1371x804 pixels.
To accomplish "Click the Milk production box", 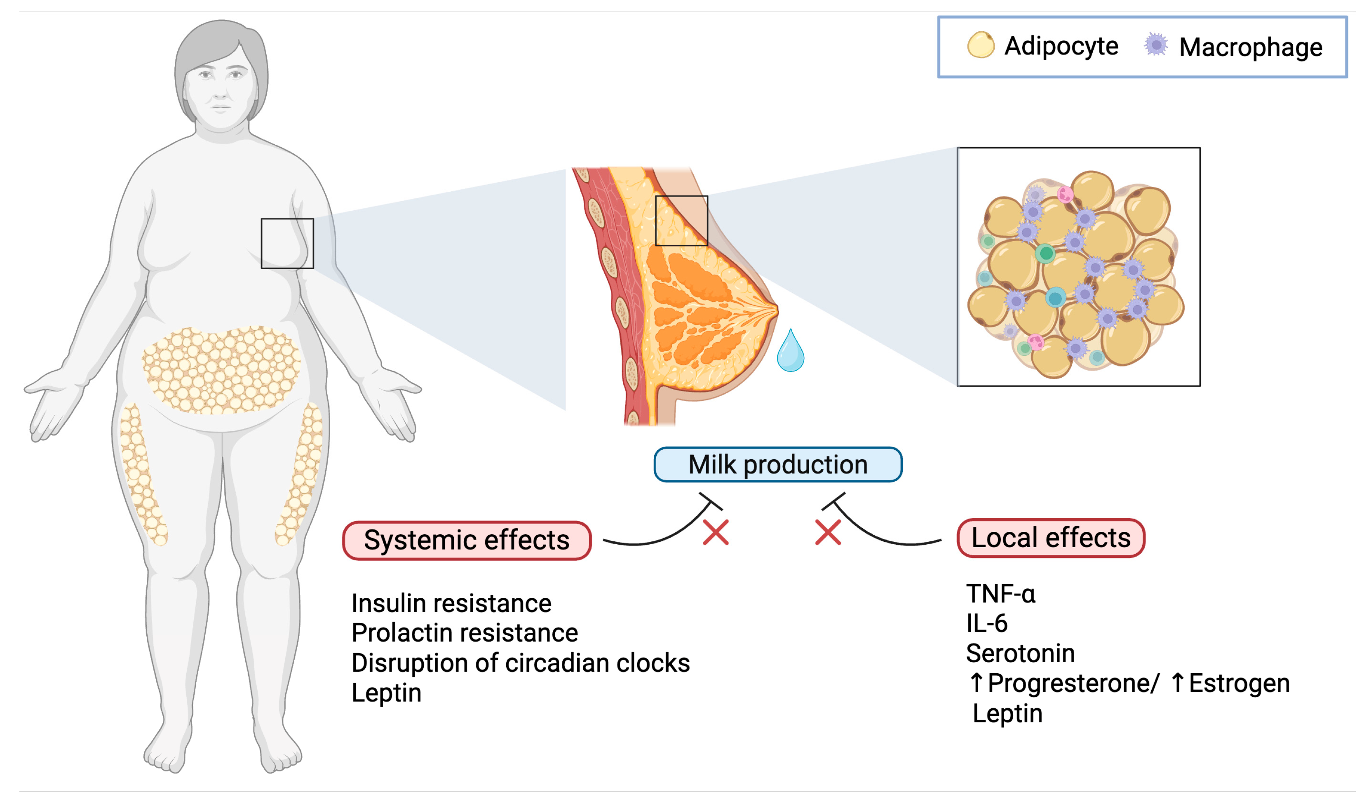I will (777, 464).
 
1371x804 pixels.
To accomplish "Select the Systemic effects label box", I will (467, 540).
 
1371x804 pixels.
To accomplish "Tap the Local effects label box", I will (1051, 538).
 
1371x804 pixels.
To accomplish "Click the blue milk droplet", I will (791, 353).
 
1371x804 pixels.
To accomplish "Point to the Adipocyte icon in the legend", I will (980, 45).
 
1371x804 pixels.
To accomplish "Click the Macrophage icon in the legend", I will (1155, 45).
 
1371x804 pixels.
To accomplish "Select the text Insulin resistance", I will (451, 603).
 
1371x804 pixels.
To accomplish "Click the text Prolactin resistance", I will (464, 632).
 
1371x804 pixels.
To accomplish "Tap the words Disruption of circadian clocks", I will (520, 663).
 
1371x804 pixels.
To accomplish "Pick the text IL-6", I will (986, 623).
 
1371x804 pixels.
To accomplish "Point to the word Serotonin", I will (1020, 653).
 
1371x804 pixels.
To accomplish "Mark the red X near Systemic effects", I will (716, 532).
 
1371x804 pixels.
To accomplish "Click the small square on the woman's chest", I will (287, 243).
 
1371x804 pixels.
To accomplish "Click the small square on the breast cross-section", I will (681, 221).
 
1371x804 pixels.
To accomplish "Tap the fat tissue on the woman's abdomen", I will (221, 370).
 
